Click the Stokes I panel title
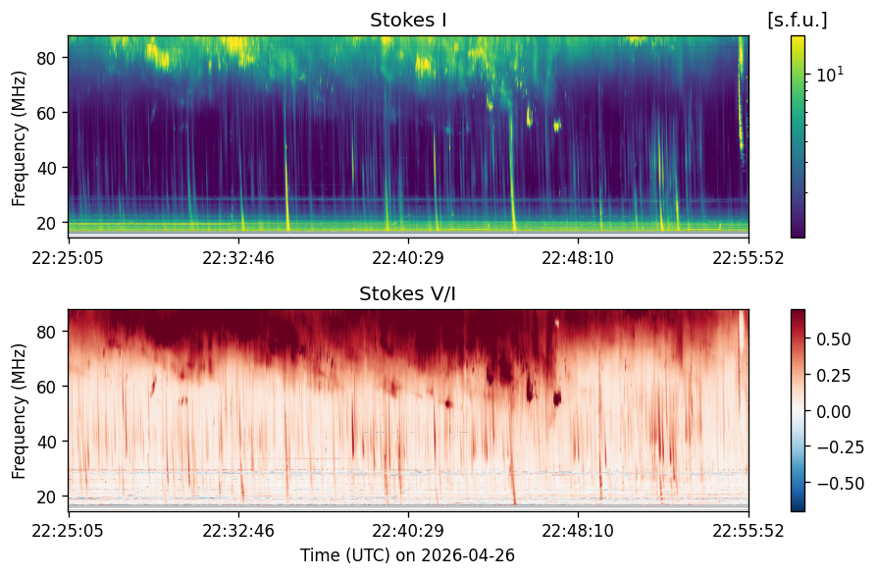[x=408, y=21]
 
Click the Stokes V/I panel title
[x=408, y=293]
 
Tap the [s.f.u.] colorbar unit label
[x=797, y=21]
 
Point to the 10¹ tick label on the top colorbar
[x=830, y=74]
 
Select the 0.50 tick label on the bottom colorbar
[x=834, y=340]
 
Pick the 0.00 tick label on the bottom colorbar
[x=834, y=411]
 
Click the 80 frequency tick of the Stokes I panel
[x=47, y=58]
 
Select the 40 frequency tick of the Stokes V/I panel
[x=47, y=442]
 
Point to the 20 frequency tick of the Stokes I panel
[x=47, y=223]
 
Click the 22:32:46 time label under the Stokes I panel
[x=238, y=258]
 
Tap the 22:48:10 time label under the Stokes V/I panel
[x=578, y=530]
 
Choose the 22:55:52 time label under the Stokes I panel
[x=748, y=258]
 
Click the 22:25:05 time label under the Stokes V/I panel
[x=68, y=530]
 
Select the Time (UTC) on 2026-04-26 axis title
[x=408, y=555]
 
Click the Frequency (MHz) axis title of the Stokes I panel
[x=19, y=138]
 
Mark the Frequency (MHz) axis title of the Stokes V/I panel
[x=19, y=411]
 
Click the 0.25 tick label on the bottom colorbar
[x=834, y=375]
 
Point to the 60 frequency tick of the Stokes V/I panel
[x=47, y=387]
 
